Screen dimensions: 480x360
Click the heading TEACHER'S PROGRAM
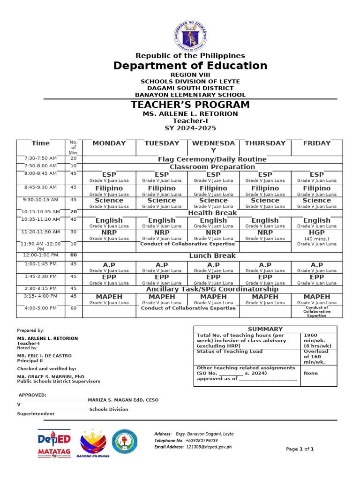(x=190, y=105)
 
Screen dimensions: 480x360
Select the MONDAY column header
(x=109, y=143)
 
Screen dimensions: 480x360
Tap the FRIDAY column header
(x=317, y=143)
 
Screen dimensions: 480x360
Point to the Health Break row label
(x=212, y=213)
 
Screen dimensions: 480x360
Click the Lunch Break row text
(x=212, y=256)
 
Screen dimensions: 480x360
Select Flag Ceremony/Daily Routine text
(x=212, y=159)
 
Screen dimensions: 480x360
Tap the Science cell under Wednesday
(x=213, y=201)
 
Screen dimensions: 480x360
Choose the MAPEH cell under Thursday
(x=265, y=297)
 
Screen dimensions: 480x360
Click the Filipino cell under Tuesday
(x=162, y=188)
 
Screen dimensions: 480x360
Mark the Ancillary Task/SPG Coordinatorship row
(x=212, y=289)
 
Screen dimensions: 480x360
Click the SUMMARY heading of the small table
(x=265, y=329)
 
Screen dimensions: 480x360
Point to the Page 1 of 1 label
(x=300, y=449)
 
